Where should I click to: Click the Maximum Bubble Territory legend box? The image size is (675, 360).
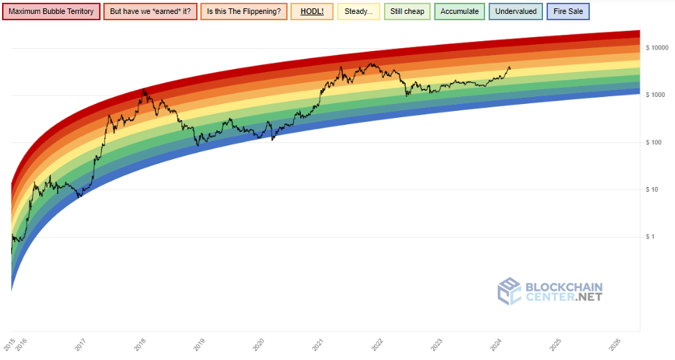coord(51,12)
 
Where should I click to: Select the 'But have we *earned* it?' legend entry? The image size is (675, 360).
coord(150,12)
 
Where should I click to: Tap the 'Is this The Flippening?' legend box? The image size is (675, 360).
coord(243,12)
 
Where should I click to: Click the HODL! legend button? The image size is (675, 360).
coord(311,12)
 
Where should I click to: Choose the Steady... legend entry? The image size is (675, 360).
coord(358,12)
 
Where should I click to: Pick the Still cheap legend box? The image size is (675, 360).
coord(407,12)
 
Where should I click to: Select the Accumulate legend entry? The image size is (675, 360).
coord(459,12)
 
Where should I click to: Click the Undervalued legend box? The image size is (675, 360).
coord(515,12)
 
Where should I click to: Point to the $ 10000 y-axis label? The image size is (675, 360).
coord(658,48)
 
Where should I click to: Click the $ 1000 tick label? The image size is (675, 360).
coord(658,95)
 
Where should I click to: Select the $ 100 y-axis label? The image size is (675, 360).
coord(658,142)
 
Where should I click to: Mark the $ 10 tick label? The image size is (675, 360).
coord(658,189)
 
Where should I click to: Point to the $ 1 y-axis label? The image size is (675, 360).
coord(658,237)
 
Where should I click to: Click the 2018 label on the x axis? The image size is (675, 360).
coord(140,344)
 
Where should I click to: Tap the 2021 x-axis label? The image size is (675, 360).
coord(318,344)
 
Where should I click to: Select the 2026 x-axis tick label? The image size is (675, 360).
coord(614,344)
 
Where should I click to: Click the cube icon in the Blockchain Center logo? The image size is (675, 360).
coord(509,291)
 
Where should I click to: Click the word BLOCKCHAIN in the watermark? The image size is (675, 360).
coord(563,287)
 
